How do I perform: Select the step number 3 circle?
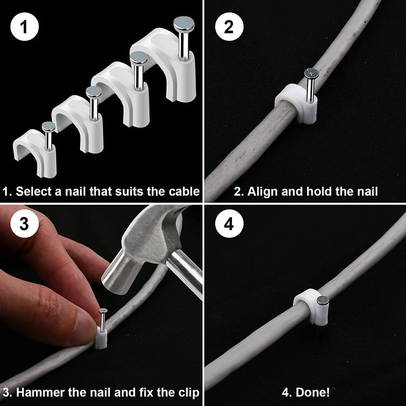point(23,225)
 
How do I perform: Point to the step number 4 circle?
point(228,225)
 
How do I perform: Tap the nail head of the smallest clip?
point(49,126)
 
